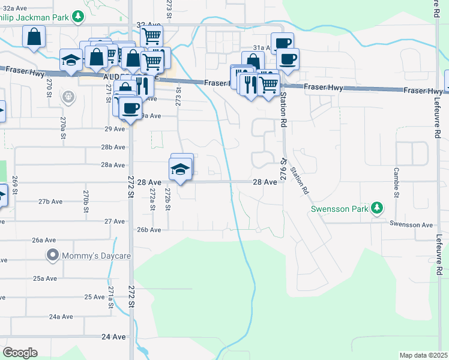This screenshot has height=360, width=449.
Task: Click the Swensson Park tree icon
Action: point(376,208)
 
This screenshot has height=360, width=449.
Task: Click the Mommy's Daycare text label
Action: point(88,256)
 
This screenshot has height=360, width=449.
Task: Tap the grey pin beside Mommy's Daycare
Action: point(53,256)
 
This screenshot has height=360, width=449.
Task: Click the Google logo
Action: point(20,353)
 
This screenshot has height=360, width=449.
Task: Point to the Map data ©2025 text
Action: point(423,355)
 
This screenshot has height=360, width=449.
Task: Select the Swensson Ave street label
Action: point(411,225)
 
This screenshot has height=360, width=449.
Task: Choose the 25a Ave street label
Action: point(45,278)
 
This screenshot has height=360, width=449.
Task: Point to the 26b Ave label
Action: point(149,230)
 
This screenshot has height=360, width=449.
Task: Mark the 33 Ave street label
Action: point(146,25)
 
